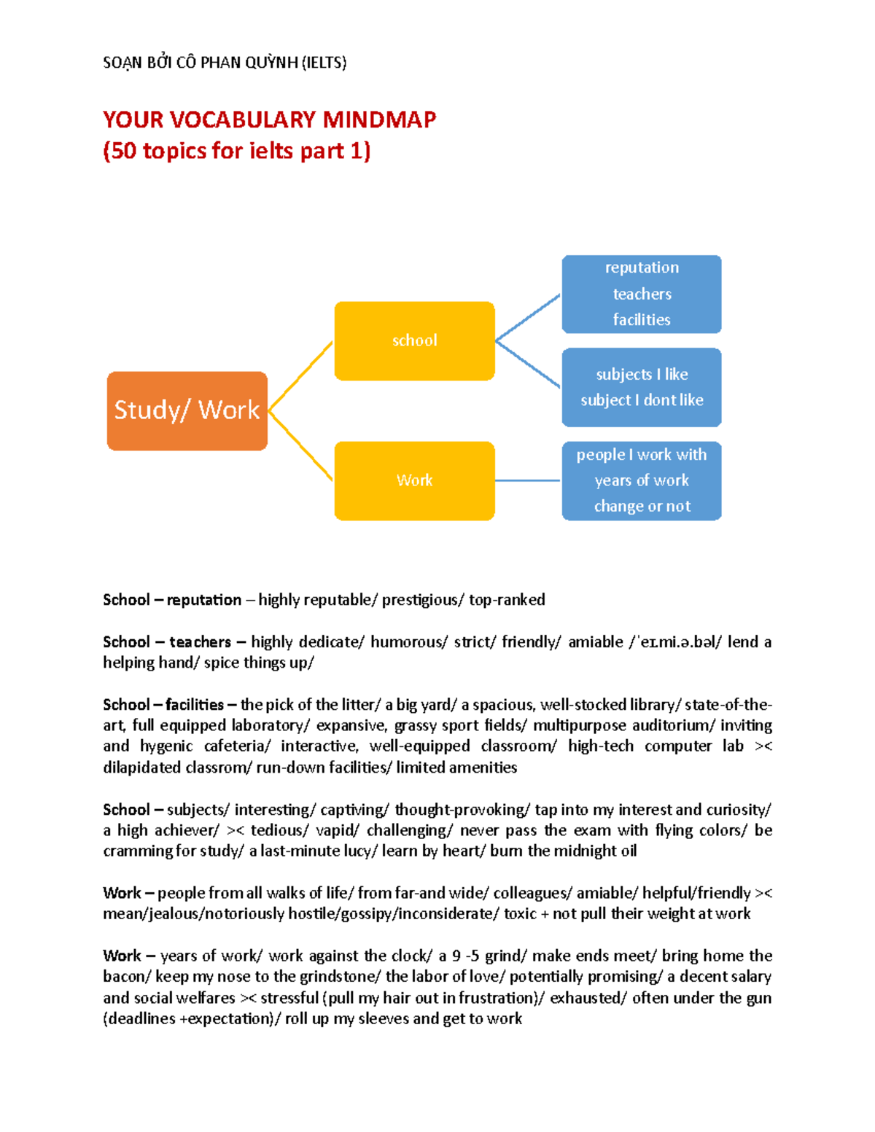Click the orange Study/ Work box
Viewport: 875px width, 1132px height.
click(187, 410)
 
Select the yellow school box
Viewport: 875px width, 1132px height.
click(414, 340)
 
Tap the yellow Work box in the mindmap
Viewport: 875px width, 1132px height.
click(414, 480)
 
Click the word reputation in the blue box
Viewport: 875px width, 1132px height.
click(642, 268)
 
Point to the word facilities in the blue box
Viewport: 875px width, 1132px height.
click(642, 320)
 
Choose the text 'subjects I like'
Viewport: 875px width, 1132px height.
click(642, 374)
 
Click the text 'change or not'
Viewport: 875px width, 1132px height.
click(642, 506)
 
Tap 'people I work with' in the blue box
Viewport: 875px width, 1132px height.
click(642, 455)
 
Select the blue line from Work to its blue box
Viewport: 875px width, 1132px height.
click(528, 480)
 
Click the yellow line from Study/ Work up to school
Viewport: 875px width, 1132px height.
click(300, 376)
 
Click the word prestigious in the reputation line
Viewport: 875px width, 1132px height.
click(421, 600)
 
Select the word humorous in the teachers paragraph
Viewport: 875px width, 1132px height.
click(405, 642)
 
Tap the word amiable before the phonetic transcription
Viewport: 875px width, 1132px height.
click(595, 642)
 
